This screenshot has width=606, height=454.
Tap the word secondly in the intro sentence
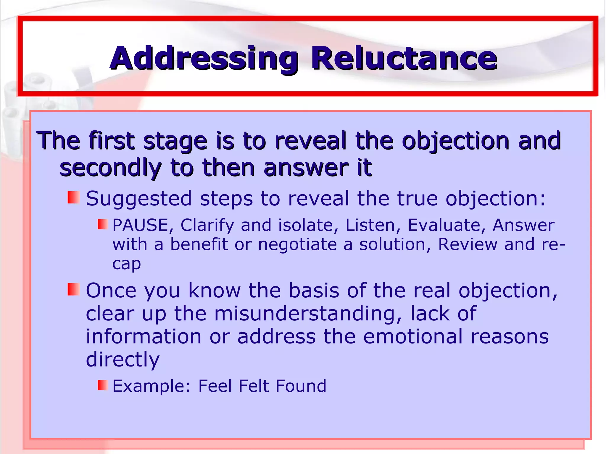(110, 168)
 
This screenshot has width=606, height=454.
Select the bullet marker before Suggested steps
(74, 197)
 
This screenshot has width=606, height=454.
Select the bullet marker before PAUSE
(103, 224)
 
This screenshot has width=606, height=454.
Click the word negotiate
(297, 245)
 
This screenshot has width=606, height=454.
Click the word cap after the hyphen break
(126, 264)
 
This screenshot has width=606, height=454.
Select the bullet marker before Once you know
(74, 289)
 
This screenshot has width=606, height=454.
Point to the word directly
(123, 360)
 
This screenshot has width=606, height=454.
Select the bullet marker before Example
(103, 385)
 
